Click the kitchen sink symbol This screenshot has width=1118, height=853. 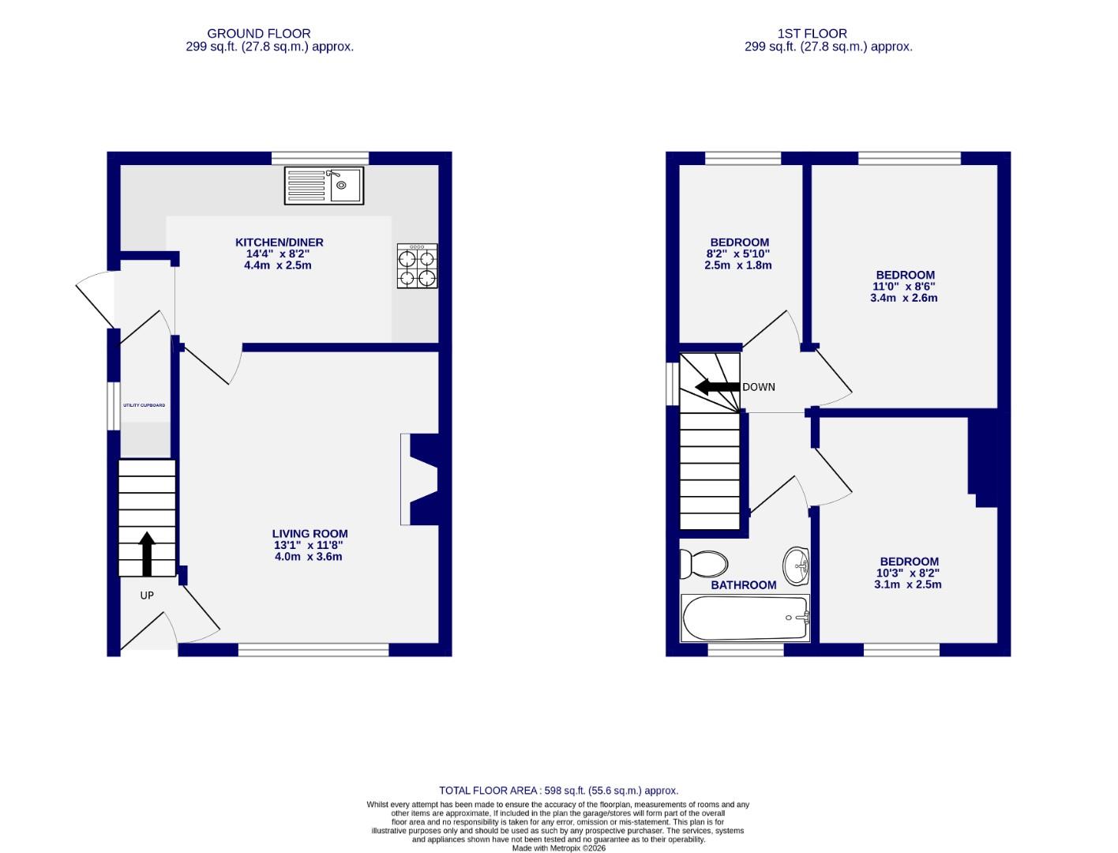point(324,186)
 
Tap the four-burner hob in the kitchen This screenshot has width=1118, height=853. point(417,267)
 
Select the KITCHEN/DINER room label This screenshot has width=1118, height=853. point(279,242)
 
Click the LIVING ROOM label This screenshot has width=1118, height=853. point(310,534)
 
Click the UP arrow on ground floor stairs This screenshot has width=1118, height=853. point(147,553)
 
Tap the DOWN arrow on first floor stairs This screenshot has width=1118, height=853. point(717,387)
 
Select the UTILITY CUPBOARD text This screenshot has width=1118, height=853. point(144,405)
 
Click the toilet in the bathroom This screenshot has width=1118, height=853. point(704,564)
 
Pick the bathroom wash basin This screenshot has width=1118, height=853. point(796,566)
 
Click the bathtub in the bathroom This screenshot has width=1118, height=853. point(745,618)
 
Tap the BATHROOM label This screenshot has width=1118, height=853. point(743,585)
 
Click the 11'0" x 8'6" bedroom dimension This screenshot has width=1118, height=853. point(905,287)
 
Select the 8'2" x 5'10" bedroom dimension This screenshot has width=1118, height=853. point(738,254)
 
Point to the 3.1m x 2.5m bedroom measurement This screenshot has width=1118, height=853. point(907,584)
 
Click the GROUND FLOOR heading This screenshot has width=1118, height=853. point(258,33)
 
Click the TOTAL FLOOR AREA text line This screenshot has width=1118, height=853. point(558,791)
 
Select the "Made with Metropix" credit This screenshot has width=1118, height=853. point(558,848)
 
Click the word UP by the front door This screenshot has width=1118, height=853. point(147,596)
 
